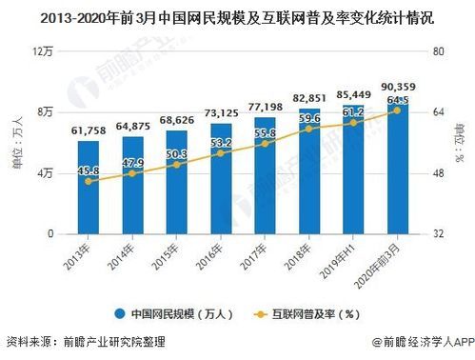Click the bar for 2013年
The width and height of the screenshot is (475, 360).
pos(89,188)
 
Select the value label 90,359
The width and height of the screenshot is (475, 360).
pos(396,89)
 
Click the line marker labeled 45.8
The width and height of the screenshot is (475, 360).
pos(89,181)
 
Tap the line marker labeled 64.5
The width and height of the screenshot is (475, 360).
pos(396,110)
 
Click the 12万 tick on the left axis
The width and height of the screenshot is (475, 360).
pos(41,51)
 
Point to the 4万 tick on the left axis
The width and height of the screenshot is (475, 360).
pos(43,173)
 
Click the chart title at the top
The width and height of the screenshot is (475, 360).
pos(237,17)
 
